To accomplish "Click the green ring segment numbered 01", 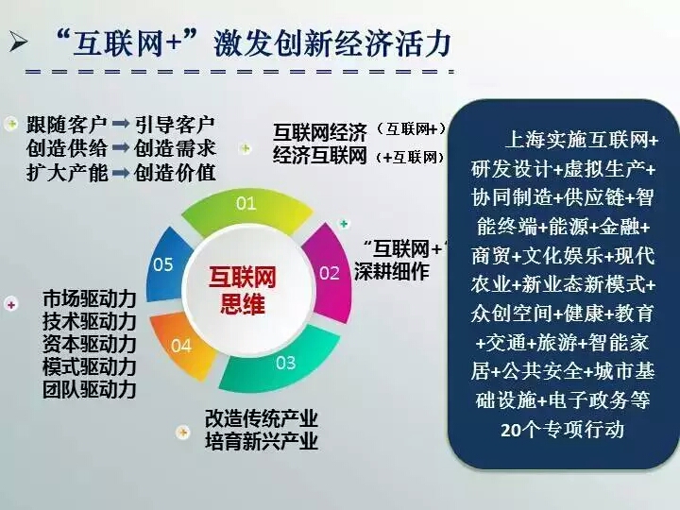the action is pyautogui.click(x=246, y=209).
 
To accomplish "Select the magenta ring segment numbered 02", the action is pyautogui.click(x=331, y=273).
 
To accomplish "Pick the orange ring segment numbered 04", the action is pyautogui.click(x=181, y=346).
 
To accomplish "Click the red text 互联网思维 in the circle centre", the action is pyautogui.click(x=242, y=290).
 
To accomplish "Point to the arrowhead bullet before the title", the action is pyautogui.click(x=18, y=42).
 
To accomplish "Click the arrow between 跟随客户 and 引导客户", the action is pyautogui.click(x=121, y=124).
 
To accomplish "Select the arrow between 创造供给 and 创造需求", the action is pyautogui.click(x=121, y=148).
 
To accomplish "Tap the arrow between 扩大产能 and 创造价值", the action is pyautogui.click(x=121, y=173).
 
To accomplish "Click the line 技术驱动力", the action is pyautogui.click(x=90, y=322).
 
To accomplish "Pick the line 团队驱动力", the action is pyautogui.click(x=90, y=389).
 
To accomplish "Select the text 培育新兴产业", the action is pyautogui.click(x=262, y=441).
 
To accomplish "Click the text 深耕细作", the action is pyautogui.click(x=392, y=271).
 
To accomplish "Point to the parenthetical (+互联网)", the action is pyautogui.click(x=410, y=158).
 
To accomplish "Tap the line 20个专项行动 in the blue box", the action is pyautogui.click(x=562, y=430).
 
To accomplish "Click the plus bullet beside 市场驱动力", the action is pyautogui.click(x=11, y=304).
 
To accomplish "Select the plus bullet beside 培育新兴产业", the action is pyautogui.click(x=183, y=432).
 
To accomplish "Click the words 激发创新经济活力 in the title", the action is pyautogui.click(x=332, y=43).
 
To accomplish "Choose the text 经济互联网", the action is pyautogui.click(x=320, y=156).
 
